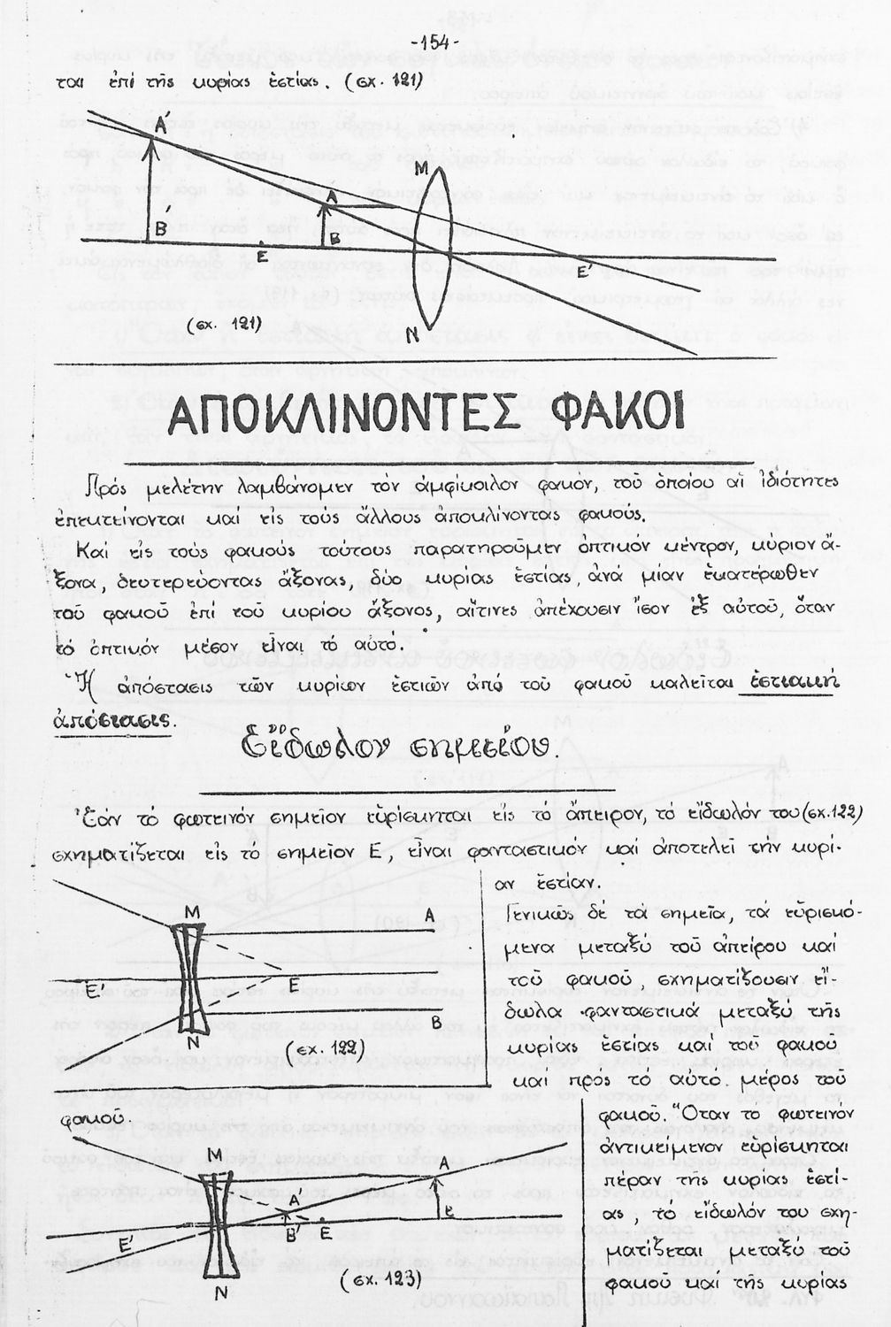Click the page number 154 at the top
[433, 42]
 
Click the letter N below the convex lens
[411, 334]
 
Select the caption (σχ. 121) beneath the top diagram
[222, 325]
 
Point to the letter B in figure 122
[435, 1023]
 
